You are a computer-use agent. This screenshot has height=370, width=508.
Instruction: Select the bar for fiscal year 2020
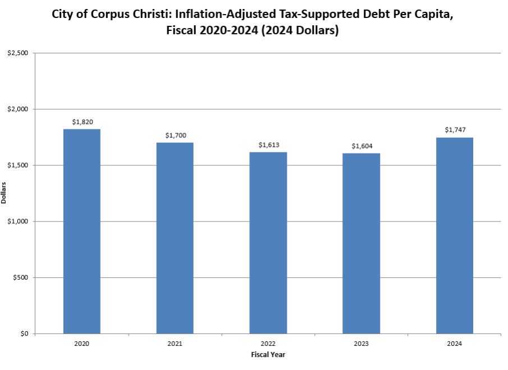point(81,231)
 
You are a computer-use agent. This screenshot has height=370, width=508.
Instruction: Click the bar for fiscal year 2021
point(175,238)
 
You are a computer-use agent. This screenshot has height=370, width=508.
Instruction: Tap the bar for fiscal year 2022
point(268,243)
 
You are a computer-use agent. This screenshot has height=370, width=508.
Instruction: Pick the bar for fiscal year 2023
point(361,243)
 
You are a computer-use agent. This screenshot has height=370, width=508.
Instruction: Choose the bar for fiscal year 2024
point(455,235)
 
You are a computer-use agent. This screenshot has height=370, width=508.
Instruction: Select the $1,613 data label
point(268,145)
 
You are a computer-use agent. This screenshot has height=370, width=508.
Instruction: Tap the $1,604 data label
point(361,146)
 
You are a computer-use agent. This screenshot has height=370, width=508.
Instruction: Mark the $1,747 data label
point(455,130)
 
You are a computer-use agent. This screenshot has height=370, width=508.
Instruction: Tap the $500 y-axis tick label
point(21,278)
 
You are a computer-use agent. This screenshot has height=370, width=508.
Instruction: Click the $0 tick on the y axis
point(24,334)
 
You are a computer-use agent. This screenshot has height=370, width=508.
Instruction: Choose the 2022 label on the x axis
point(268,343)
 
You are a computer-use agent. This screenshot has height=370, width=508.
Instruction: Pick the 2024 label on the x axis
point(455,343)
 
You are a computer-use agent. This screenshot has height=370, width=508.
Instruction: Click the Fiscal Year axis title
point(268,354)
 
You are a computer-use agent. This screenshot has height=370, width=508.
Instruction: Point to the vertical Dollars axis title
point(4,193)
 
